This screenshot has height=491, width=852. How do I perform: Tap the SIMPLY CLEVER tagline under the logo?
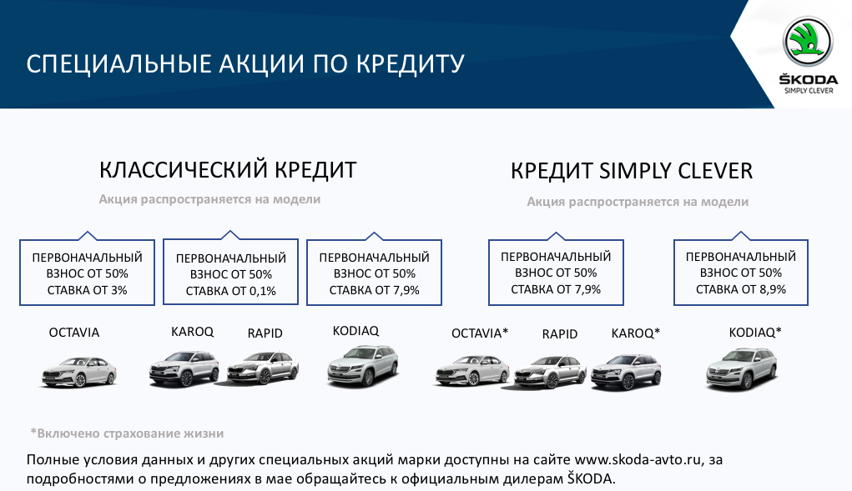(x=809, y=91)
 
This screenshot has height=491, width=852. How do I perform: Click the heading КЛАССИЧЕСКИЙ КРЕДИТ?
(x=228, y=170)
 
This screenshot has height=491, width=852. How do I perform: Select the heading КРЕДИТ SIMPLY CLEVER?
(x=632, y=171)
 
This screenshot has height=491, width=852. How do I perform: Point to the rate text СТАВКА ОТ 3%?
(x=87, y=290)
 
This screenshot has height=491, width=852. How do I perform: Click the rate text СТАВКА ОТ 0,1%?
(x=231, y=291)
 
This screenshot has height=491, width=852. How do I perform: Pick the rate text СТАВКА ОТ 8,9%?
(x=741, y=290)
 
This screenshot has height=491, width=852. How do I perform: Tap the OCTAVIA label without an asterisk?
(x=74, y=333)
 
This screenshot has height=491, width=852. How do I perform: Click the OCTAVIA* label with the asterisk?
(x=480, y=333)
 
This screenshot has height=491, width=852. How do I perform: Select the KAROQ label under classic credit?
(x=193, y=332)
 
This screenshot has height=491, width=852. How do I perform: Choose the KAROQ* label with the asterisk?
(x=636, y=333)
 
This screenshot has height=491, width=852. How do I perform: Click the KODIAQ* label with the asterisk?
(x=755, y=332)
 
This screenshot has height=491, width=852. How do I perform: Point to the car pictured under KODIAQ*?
(x=742, y=369)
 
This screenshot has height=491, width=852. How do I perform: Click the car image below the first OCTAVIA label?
(x=79, y=371)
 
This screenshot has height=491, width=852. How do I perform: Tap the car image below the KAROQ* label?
(x=627, y=372)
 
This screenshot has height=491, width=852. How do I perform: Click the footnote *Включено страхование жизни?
(x=127, y=433)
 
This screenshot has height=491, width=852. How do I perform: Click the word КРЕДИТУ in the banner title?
(x=411, y=64)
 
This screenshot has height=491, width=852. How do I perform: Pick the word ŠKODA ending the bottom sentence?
(x=591, y=478)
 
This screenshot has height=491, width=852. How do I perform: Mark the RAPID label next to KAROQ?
(x=265, y=333)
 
